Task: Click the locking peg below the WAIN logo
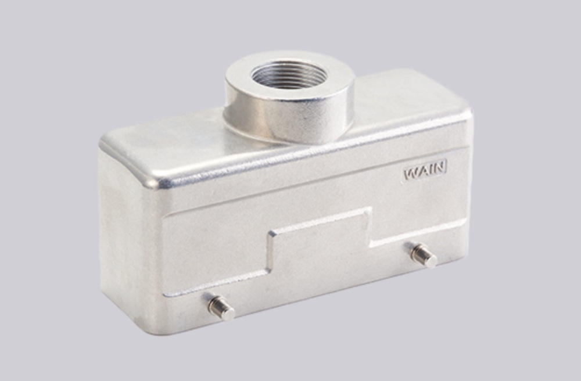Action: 424,256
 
